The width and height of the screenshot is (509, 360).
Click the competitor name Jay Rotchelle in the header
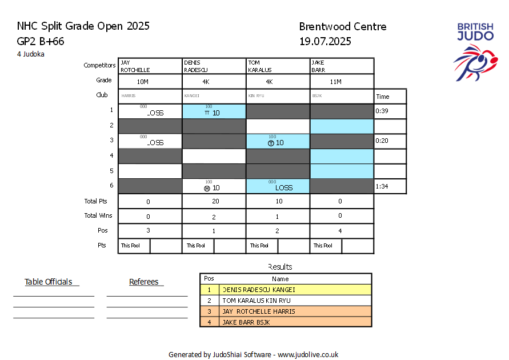pos(135,66)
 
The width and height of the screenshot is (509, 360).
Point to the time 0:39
pos(381,111)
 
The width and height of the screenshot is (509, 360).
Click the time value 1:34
pos(381,186)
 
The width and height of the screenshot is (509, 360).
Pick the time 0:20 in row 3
pos(381,141)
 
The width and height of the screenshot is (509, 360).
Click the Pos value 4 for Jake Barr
pos(340,231)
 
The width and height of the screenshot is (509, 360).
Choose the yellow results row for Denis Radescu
pos(286,290)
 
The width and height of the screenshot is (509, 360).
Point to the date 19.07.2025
pos(325,41)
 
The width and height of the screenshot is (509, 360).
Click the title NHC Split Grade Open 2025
pos(83,26)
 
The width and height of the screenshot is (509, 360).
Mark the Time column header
pos(382,97)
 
